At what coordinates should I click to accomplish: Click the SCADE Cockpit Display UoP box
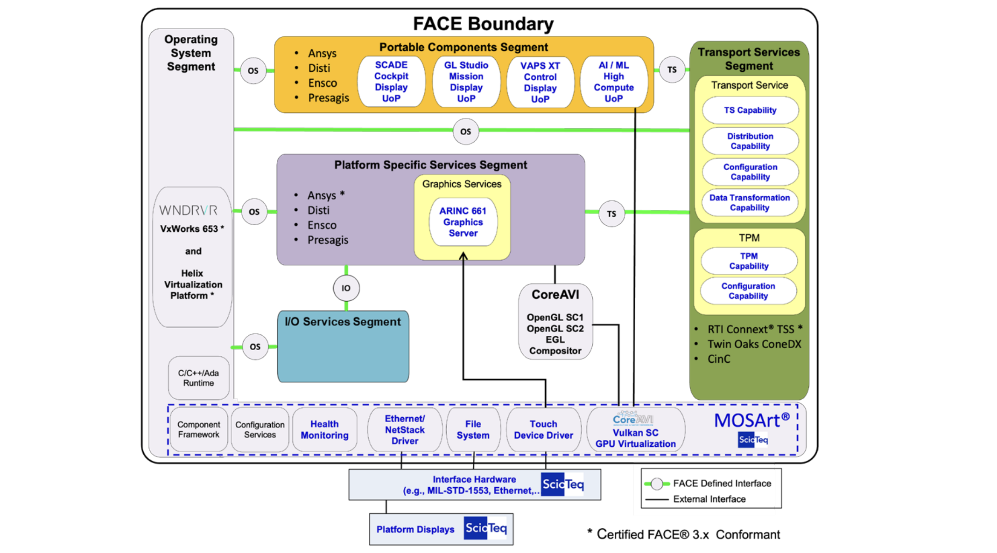[x=391, y=82]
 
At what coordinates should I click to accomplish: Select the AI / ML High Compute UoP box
[x=613, y=82]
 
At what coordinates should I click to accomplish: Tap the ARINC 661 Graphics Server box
[x=463, y=222]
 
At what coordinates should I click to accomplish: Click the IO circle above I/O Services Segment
[x=346, y=288]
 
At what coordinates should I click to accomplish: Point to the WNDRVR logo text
[x=188, y=210]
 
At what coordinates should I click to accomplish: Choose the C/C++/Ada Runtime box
[x=198, y=378]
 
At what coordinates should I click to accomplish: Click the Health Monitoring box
[x=324, y=429]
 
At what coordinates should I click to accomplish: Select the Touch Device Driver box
[x=543, y=429]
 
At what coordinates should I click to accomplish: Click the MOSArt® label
[x=751, y=421]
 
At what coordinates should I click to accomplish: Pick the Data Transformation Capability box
[x=750, y=202]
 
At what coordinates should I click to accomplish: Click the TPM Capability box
[x=749, y=261]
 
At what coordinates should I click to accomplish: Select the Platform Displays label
[x=415, y=529]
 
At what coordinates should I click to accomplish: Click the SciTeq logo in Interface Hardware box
[x=563, y=484]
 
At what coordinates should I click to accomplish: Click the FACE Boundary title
[x=483, y=24]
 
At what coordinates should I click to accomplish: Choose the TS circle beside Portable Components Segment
[x=672, y=70]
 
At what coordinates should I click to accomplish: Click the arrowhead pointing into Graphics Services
[x=463, y=256]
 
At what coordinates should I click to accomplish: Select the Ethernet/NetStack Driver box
[x=405, y=429]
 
